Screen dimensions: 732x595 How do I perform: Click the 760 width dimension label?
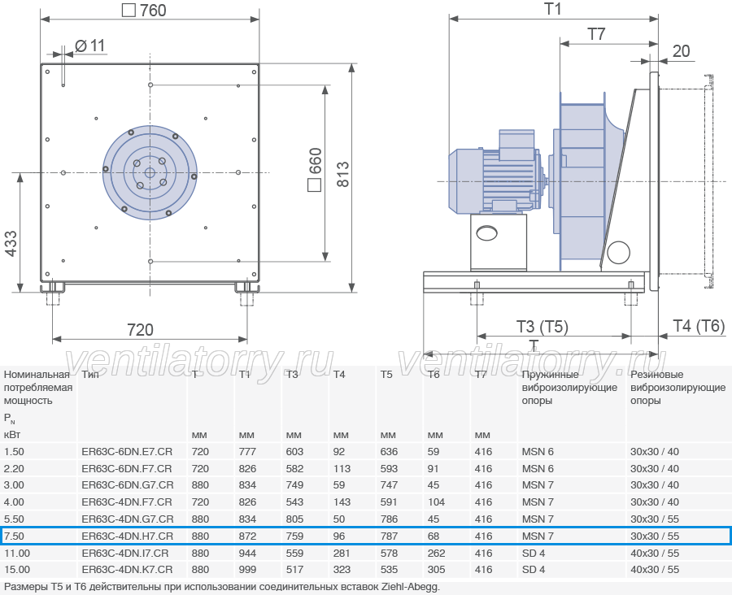[144, 11]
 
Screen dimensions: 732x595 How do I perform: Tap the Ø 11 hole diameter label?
[90, 46]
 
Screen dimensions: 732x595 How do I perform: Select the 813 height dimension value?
[342, 175]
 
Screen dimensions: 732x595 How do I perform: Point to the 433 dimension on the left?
[11, 243]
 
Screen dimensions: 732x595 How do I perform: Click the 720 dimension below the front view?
[140, 330]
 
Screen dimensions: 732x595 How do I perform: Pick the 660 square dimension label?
[315, 169]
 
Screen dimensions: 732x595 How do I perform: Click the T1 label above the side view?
[553, 9]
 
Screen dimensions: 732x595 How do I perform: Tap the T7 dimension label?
[596, 34]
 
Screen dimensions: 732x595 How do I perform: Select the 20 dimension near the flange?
[681, 51]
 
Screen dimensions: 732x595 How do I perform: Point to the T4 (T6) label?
[699, 326]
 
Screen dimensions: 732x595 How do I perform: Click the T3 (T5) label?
[542, 326]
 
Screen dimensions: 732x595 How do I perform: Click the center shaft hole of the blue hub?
[150, 172]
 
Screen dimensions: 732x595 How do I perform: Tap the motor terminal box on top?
[516, 145]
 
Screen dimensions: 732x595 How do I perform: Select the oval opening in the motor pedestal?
[487, 232]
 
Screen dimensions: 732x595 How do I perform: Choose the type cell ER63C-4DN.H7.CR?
[128, 536]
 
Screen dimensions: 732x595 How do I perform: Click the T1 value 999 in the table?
[247, 570]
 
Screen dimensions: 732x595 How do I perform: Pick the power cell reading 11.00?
[17, 553]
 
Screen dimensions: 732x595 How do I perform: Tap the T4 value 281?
[342, 553]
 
